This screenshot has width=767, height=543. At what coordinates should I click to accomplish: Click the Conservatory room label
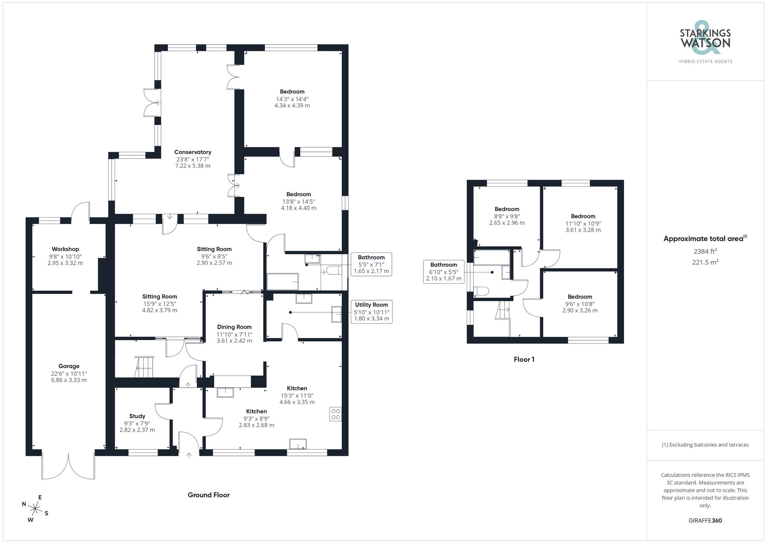click(x=193, y=152)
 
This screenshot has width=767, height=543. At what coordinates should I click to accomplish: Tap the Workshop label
click(x=65, y=249)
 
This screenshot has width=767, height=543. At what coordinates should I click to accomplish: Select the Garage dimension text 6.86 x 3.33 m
click(x=69, y=380)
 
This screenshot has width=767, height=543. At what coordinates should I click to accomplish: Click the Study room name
click(x=137, y=416)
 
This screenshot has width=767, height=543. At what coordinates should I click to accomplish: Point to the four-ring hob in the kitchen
click(x=335, y=414)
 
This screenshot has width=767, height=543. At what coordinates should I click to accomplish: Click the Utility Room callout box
click(x=371, y=311)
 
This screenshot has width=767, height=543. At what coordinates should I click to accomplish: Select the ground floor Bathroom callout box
click(x=371, y=264)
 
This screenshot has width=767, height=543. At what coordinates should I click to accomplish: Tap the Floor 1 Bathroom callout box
click(x=443, y=271)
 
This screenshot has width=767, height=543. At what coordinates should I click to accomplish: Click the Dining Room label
click(x=234, y=327)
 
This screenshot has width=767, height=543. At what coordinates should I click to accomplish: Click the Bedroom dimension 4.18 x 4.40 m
click(x=298, y=208)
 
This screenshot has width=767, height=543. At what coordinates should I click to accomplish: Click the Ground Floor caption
click(x=208, y=495)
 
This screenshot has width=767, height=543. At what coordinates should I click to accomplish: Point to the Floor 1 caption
click(x=524, y=359)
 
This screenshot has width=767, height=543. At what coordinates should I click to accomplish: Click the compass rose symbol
click(x=35, y=509)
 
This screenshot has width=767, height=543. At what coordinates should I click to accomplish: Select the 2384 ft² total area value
click(x=705, y=251)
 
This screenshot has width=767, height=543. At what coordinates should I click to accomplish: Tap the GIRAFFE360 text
click(x=705, y=520)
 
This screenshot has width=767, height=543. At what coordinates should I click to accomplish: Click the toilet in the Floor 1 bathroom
click(x=481, y=291)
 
